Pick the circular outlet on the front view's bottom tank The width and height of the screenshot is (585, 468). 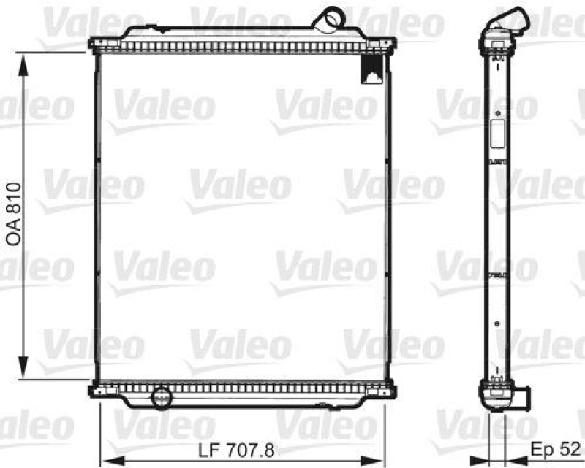tap(159, 398)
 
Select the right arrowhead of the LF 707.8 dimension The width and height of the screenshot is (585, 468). tap(382, 461)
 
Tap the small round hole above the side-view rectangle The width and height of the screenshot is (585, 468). tap(497, 114)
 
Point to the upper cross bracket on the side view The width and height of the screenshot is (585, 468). tap(497, 161)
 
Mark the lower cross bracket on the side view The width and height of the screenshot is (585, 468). tap(497, 275)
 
